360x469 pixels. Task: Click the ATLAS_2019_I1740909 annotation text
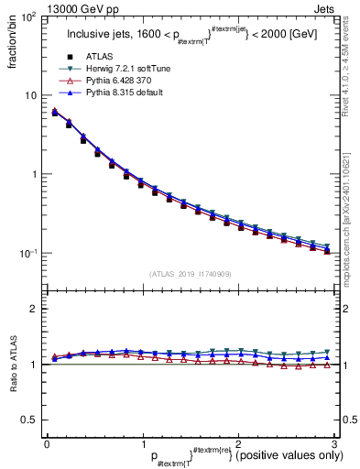pos(190,274)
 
